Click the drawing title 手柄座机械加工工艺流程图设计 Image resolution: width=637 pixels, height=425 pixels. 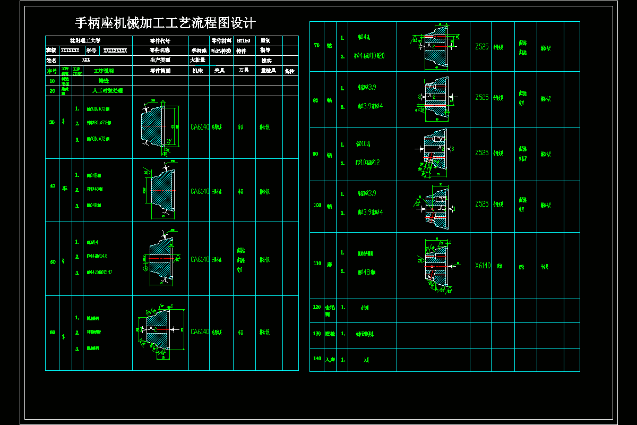coord(166,23)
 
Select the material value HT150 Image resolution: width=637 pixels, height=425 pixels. coord(244,40)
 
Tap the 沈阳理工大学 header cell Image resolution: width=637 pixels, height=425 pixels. coord(89,40)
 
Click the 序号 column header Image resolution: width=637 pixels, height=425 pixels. coord(51,71)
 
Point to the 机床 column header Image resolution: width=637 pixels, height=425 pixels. coord(198,71)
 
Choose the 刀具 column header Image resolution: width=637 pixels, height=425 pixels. coord(244,71)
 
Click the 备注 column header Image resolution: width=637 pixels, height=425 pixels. coord(290,71)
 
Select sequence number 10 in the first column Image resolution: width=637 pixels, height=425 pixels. coord(51,81)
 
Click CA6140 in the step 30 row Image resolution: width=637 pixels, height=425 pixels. coord(200,127)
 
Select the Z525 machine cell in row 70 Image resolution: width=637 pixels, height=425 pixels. coord(482,47)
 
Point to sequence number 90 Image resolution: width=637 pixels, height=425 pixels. coord(316,154)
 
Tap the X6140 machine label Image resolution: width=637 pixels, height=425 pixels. coord(483,266)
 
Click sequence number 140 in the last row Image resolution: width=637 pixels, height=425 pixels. coord(316,359)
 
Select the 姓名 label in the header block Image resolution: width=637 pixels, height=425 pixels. coord(51,61)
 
